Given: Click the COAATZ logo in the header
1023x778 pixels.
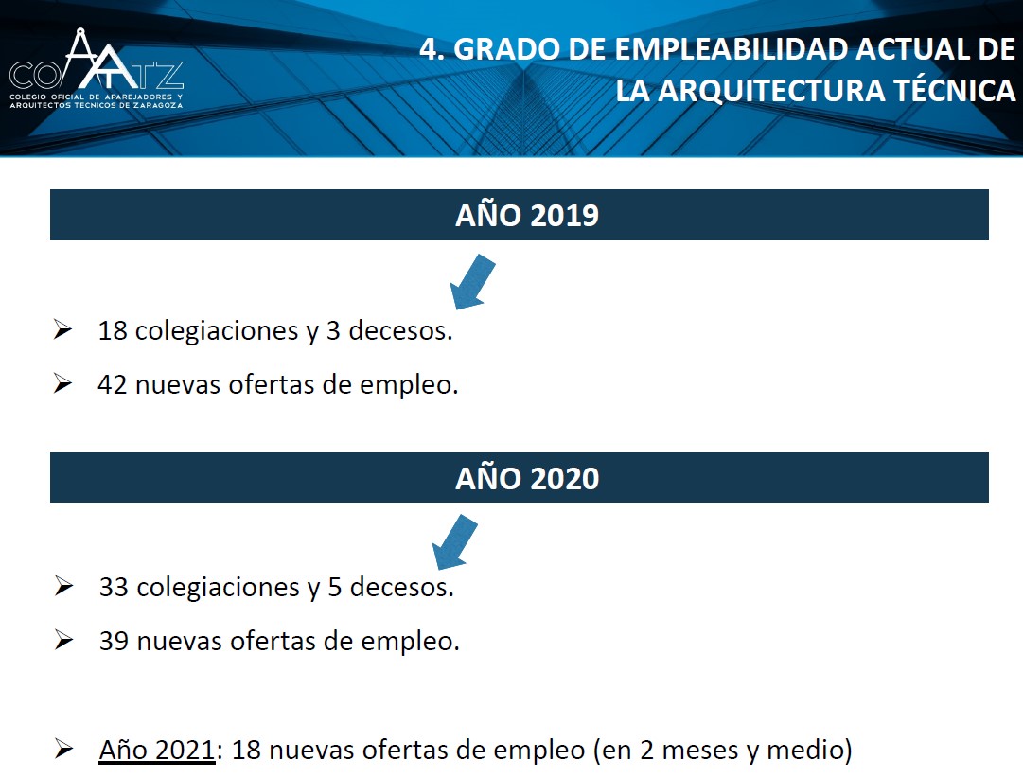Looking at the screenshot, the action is pos(97,68).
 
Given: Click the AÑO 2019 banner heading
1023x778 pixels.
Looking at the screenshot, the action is pos(527,216).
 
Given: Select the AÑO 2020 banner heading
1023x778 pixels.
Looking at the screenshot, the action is pos(527,478).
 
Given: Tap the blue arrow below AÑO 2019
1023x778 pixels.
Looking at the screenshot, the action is pos(472,281).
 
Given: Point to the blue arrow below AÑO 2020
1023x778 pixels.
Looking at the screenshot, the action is pos(455,541).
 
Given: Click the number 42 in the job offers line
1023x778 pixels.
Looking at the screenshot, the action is pos(113,384).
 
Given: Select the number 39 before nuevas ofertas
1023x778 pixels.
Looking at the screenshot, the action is pos(115,641).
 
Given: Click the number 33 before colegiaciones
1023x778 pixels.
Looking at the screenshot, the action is pos(115,587).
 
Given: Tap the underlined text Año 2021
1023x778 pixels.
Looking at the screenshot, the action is pos(156,750).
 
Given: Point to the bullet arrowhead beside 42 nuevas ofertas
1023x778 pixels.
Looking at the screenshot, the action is pos(62,383).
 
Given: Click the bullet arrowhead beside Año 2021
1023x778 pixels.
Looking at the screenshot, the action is pos(64,748).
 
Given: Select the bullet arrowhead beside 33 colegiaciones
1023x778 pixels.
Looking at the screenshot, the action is pos(64,586).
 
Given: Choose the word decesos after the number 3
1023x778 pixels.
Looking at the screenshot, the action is pos(400,330).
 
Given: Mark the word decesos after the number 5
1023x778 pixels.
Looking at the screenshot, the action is pos(402,587).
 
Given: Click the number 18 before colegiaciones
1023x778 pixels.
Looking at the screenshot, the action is pos(113,330).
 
